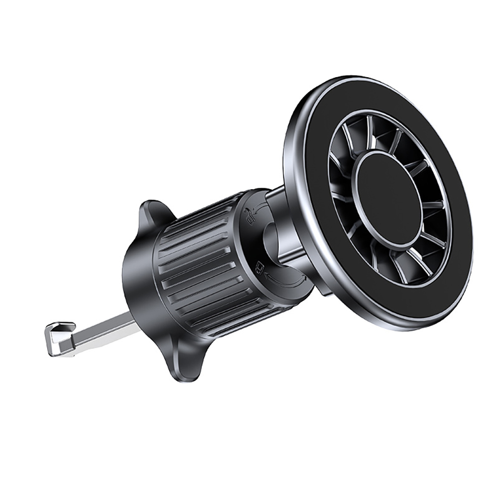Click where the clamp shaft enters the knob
pyautogui.click(x=132, y=319)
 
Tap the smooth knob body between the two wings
pyautogui.click(x=137, y=279)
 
